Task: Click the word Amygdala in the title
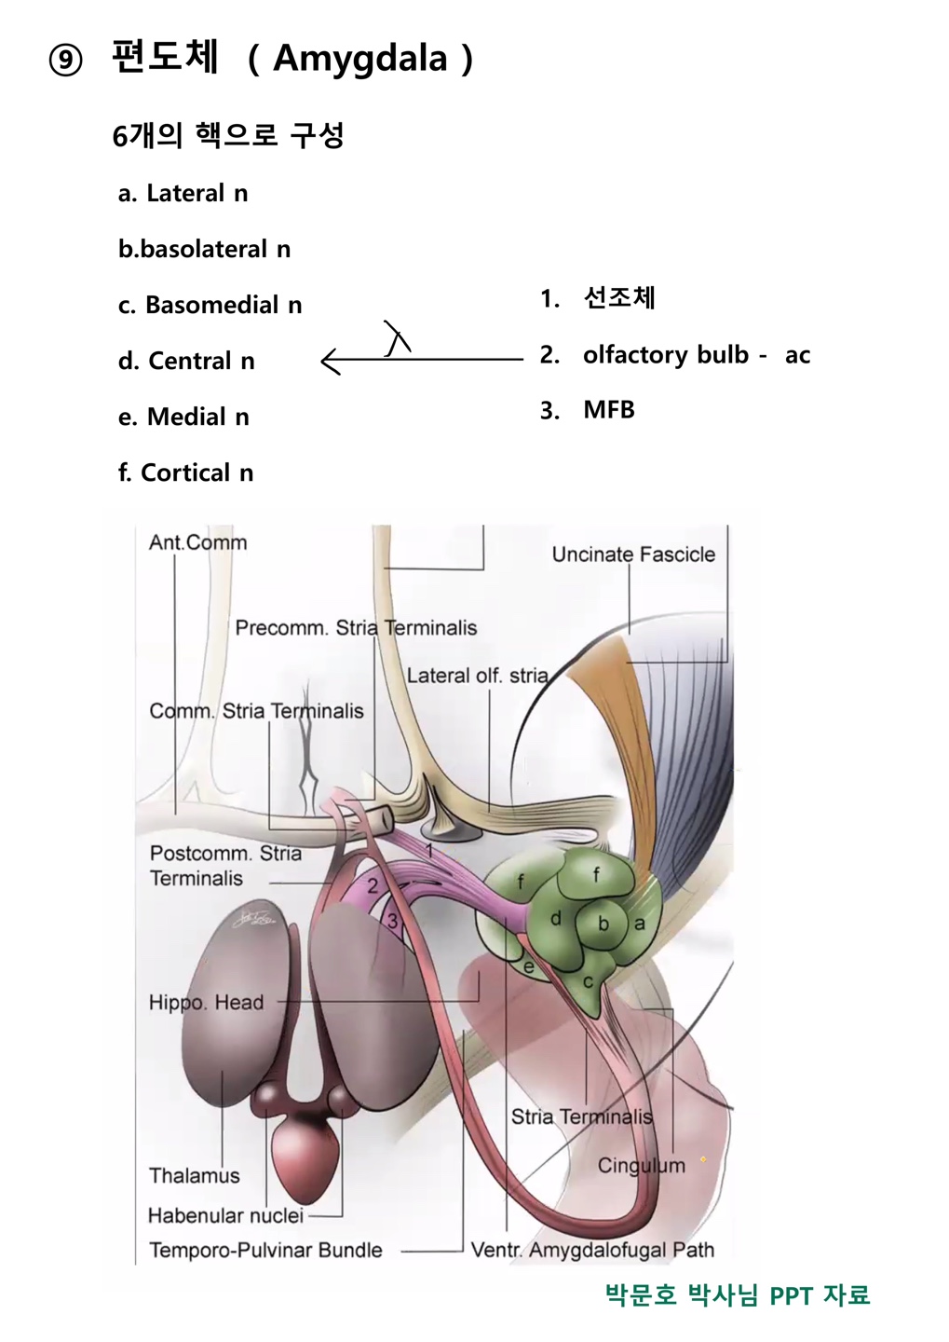(x=360, y=59)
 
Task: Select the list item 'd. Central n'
(x=186, y=361)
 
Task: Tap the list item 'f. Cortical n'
(x=185, y=472)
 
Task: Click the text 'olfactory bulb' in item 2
(x=665, y=355)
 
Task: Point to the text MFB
(x=608, y=410)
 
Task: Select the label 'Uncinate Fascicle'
(x=633, y=555)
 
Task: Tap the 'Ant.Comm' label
(x=197, y=542)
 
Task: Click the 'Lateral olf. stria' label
(x=477, y=676)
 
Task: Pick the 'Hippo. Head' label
(x=206, y=1003)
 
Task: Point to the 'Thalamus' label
(x=194, y=1176)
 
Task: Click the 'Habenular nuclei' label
(x=225, y=1216)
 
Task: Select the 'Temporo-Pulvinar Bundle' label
(x=265, y=1251)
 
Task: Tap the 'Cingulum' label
(x=641, y=1166)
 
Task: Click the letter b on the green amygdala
(x=603, y=924)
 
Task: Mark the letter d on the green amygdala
(x=556, y=919)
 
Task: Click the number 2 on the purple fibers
(x=373, y=886)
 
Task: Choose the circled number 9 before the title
(x=65, y=61)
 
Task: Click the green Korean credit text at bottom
(x=737, y=1294)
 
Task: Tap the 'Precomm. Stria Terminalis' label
(x=356, y=628)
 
